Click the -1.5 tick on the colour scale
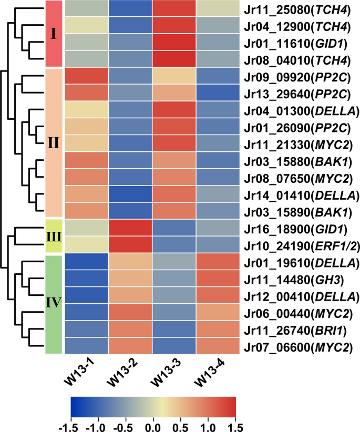pyautogui.click(x=70, y=424)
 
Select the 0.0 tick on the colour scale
pyautogui.click(x=153, y=424)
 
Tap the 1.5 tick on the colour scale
pyautogui.click(x=236, y=424)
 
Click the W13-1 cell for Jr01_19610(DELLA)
pyautogui.click(x=86, y=262)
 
